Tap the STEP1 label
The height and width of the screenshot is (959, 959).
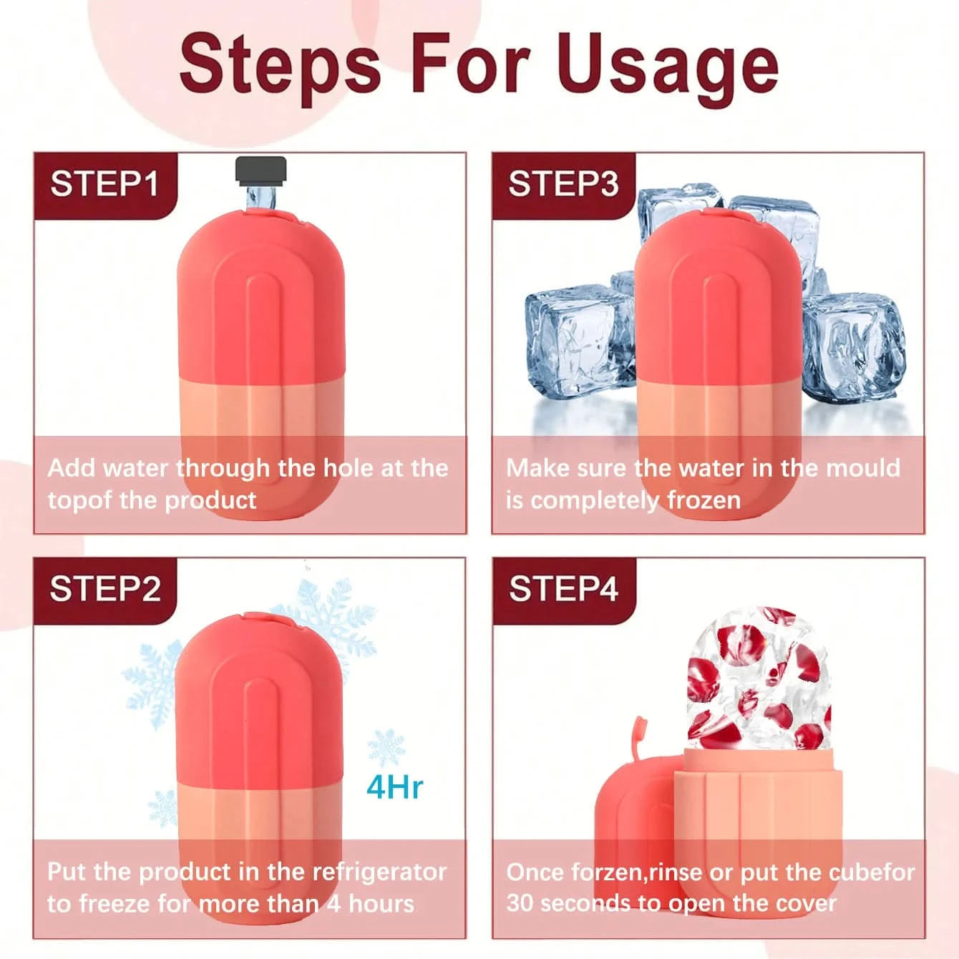click(104, 184)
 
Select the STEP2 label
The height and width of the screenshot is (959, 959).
click(105, 589)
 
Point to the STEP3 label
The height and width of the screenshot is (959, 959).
click(563, 184)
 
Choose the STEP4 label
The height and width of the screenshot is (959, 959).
click(563, 589)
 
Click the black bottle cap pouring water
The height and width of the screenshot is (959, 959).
click(261, 170)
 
